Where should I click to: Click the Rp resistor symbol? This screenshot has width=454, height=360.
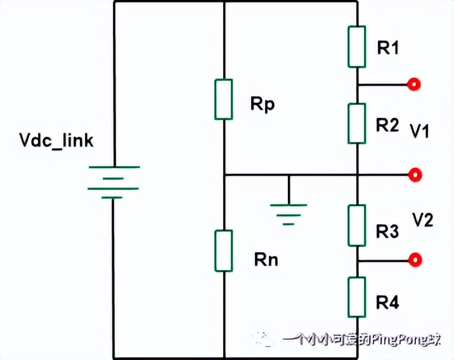click(x=223, y=99)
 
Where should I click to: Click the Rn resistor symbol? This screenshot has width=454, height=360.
click(x=223, y=251)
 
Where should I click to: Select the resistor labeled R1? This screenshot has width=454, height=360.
click(x=357, y=46)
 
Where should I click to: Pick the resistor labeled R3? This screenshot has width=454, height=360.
click(x=357, y=225)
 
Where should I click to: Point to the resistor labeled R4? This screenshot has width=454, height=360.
click(x=357, y=297)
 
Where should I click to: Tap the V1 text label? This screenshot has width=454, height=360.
click(x=420, y=131)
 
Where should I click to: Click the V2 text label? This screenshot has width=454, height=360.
click(x=422, y=220)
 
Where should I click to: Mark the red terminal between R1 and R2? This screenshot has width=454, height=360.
click(x=415, y=84)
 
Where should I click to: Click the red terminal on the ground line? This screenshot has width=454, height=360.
click(x=415, y=174)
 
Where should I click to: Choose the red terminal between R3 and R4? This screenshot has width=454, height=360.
click(x=415, y=260)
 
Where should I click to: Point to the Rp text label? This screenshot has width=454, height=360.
click(x=262, y=105)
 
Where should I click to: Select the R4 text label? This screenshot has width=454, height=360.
click(x=387, y=303)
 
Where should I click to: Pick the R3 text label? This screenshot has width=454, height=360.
click(x=387, y=232)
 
